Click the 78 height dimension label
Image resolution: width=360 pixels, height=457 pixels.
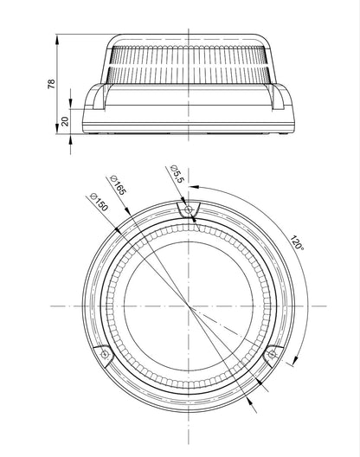pyautogui.click(x=51, y=84)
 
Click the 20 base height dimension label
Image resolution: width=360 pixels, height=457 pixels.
pyautogui.click(x=65, y=121)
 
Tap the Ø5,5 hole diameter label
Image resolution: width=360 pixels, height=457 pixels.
pyautogui.click(x=177, y=174)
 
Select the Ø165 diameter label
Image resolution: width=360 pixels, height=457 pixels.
pyautogui.click(x=118, y=185)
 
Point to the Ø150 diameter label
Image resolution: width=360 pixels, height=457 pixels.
pyautogui.click(x=100, y=202)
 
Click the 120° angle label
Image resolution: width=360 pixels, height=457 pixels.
pyautogui.click(x=297, y=242)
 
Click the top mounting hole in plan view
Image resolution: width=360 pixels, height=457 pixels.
pyautogui.click(x=189, y=209)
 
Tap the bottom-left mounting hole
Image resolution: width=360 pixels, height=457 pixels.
pyautogui.click(x=105, y=354)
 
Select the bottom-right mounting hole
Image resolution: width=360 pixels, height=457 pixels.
pyautogui.click(x=272, y=354)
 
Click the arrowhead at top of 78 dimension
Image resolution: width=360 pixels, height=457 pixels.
pyautogui.click(x=57, y=39)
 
